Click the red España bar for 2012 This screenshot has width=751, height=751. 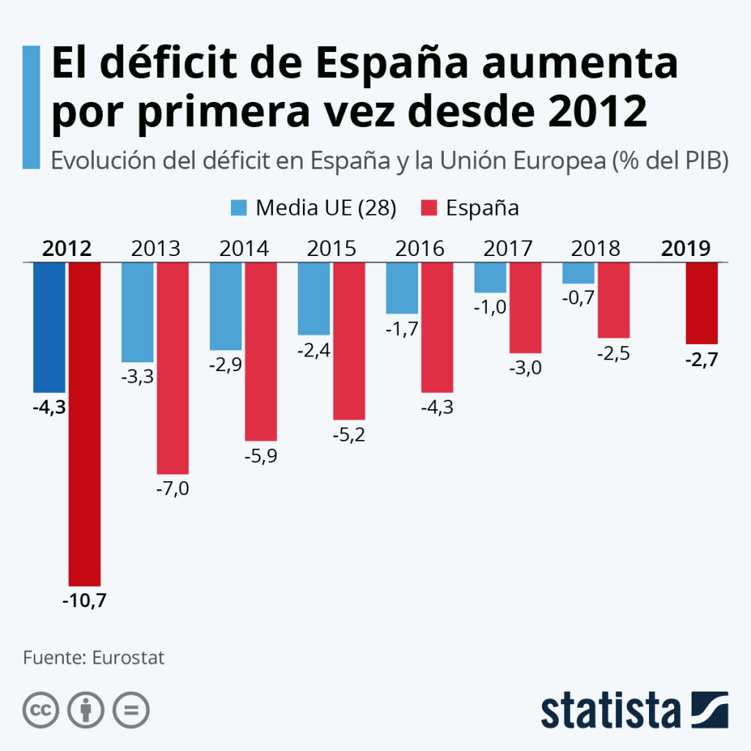click(85, 424)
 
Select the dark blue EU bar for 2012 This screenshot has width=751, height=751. click(49, 328)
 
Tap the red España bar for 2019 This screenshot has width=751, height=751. click(702, 303)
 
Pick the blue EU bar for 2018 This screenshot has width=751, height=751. click(579, 273)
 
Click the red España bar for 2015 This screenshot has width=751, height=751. click(349, 341)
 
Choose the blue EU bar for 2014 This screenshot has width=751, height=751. click(226, 307)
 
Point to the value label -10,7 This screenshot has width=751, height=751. click(84, 601)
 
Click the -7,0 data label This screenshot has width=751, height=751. click(172, 488)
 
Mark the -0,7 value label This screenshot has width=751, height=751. click(578, 298)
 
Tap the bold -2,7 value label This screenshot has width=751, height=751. click(702, 359)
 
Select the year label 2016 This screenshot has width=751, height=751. click(420, 249)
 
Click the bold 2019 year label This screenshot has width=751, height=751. click(686, 249)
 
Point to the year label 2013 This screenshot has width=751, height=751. click(155, 249)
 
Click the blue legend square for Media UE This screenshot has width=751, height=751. click(239, 208)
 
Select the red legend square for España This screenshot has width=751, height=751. click(429, 208)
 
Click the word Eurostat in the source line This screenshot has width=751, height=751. click(128, 658)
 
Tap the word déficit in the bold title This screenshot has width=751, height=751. click(169, 62)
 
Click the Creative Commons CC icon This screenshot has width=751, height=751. click(41, 710)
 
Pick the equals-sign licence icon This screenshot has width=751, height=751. click(131, 710)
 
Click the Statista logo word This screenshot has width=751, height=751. click(611, 711)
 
